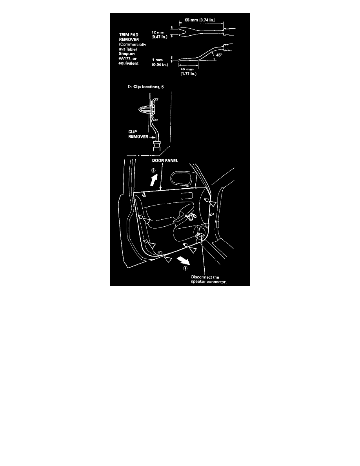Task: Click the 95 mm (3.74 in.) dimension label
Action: (200, 20)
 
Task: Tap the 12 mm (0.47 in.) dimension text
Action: (160, 35)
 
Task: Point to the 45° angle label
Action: (219, 55)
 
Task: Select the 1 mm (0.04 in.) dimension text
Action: (160, 62)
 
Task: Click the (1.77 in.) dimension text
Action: (188, 74)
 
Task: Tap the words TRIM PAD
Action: (129, 35)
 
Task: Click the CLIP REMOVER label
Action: (138, 134)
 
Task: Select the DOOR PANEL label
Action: (165, 160)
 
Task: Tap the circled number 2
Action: (153, 171)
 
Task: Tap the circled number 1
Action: (185, 268)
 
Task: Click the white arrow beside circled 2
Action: (154, 180)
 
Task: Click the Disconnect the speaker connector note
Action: (209, 279)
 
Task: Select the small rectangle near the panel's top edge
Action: (186, 196)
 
